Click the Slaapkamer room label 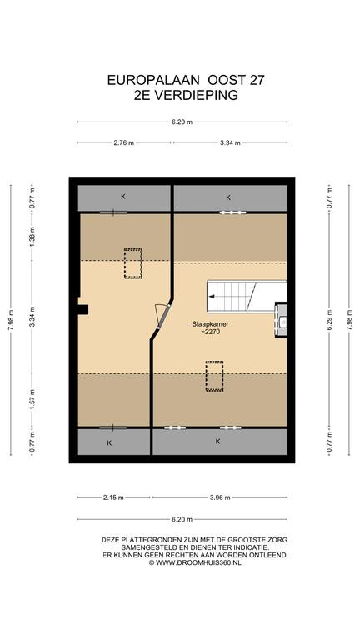click(x=210, y=324)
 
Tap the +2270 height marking click(x=210, y=332)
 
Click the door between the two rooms click(x=162, y=316)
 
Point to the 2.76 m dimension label click(x=124, y=142)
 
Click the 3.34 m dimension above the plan click(x=230, y=142)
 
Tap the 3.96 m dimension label click(x=220, y=497)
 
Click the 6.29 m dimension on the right click(x=329, y=320)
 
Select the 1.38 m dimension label click(x=32, y=237)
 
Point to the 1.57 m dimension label click(x=32, y=400)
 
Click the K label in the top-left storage click(x=122, y=197)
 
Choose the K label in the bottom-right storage click(x=218, y=441)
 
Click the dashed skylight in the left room click(x=133, y=263)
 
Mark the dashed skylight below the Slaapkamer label click(x=215, y=377)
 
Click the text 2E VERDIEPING click(x=186, y=95)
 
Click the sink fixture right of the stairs click(x=281, y=320)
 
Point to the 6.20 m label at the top click(x=182, y=122)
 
